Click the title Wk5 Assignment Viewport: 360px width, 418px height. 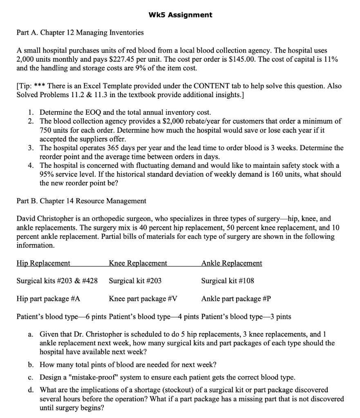pyautogui.click(x=180, y=15)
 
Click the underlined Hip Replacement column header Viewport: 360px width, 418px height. pyautogui.click(x=43, y=263)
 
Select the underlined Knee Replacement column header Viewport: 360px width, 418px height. pyautogui.click(x=138, y=263)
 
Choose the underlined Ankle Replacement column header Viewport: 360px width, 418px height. pyautogui.click(x=232, y=263)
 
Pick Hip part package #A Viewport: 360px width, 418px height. pyautogui.click(x=48, y=298)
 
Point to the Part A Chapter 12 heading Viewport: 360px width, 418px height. pyautogui.click(x=80, y=32)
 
